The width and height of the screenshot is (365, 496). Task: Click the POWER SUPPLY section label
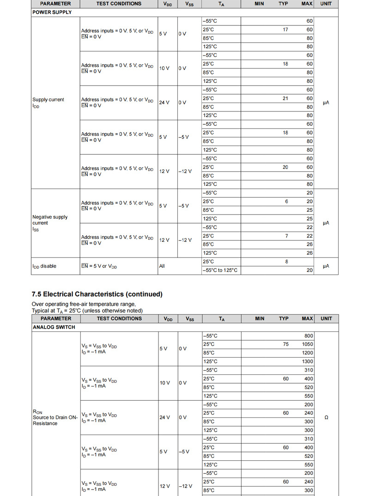52,12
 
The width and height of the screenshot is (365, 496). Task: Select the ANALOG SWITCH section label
54,327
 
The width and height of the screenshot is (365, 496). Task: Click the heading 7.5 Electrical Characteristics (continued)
97,294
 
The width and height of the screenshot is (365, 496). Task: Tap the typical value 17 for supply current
286,30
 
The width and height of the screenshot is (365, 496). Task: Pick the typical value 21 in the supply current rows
286,98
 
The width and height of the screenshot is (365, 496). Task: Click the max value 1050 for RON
307,344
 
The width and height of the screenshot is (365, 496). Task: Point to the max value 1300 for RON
307,361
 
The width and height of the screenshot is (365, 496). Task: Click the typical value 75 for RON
286,344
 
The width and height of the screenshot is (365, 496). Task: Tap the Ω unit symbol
326,417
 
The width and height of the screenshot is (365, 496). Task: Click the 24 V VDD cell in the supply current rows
164,103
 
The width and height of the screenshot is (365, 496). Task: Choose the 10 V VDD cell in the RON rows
164,383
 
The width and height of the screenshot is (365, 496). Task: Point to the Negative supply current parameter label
49,220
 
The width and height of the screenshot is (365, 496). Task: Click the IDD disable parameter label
44,266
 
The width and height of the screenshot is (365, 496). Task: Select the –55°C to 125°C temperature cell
220,270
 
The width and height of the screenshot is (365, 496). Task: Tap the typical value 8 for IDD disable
286,262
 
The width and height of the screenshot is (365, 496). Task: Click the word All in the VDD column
162,266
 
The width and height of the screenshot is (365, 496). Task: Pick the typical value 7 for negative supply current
286,236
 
